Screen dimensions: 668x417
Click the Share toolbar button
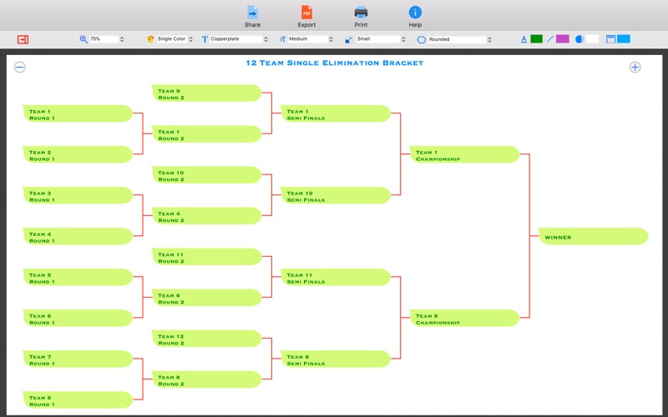tap(253, 17)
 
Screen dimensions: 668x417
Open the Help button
tap(415, 17)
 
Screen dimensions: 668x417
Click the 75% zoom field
tap(104, 39)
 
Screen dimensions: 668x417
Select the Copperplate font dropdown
tap(236, 39)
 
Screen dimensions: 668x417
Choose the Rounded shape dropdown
tap(457, 39)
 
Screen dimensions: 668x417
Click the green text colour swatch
tap(536, 39)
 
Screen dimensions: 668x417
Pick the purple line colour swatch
tap(562, 39)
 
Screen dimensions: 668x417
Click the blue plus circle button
tap(635, 68)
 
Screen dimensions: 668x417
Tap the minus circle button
tap(19, 68)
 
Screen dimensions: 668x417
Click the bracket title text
tap(335, 63)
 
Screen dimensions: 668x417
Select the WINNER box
tap(594, 236)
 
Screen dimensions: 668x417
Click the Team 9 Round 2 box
tap(206, 93)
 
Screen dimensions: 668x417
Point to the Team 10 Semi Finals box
tap(336, 195)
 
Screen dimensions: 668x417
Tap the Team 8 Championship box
tap(464, 318)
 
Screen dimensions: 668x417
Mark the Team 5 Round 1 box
tap(78, 277)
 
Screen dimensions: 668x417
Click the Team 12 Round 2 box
tap(206, 339)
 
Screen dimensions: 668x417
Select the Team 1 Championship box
tap(464, 154)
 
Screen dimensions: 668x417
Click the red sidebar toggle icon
tap(23, 39)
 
